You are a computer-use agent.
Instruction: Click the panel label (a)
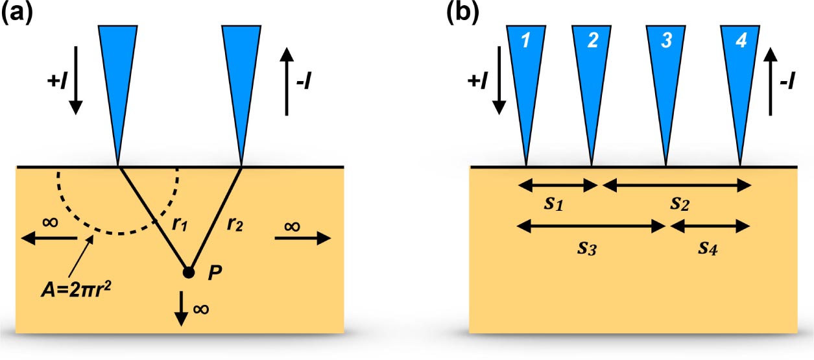point(19,13)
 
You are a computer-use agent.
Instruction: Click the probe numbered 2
point(592,65)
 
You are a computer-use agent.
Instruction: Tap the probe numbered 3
point(665,65)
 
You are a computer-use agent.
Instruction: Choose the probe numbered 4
point(741,65)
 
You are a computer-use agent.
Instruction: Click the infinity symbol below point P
point(201,309)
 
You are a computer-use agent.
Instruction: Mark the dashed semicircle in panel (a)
point(117,233)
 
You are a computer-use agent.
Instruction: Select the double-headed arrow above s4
point(710,226)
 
